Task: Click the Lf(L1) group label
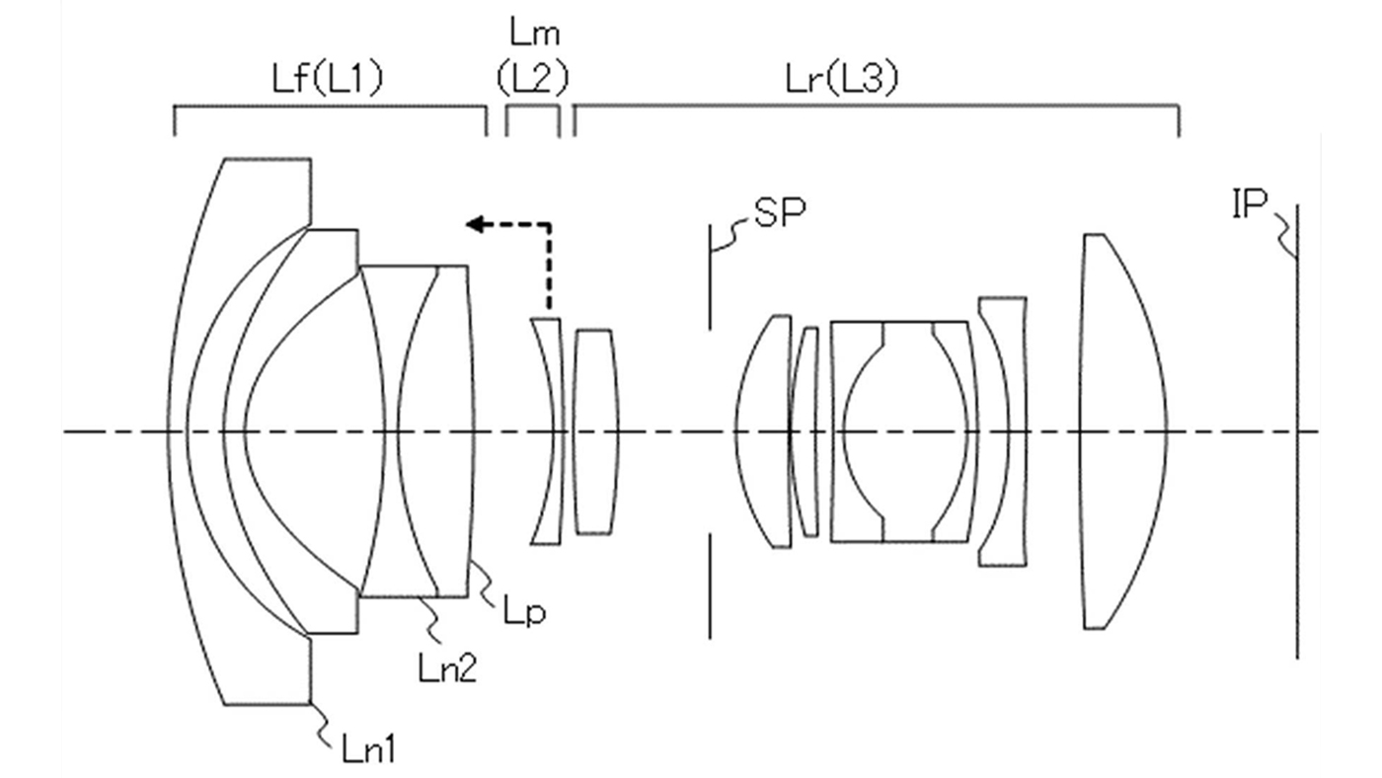328,80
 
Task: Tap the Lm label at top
535,34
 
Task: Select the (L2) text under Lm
533,80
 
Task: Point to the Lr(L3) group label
842,80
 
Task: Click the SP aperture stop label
780,213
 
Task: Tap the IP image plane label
1250,203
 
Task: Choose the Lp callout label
525,612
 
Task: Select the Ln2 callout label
447,667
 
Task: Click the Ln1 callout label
368,749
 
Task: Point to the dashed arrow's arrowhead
475,224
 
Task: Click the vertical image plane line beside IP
1297,431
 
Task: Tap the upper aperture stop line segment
710,276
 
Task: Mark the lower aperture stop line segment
710,586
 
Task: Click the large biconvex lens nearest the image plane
1123,431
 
